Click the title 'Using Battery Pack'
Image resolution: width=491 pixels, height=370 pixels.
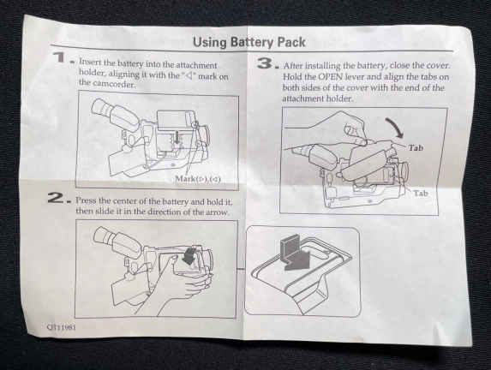point(249,42)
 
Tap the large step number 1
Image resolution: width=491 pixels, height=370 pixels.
point(59,57)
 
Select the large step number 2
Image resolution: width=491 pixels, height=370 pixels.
point(56,198)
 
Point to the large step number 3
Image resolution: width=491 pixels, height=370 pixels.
point(266,63)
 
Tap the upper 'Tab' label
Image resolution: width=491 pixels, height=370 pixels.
point(416,148)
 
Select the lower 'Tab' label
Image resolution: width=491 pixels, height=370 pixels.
point(420,194)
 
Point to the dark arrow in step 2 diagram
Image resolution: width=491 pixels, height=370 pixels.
point(189,255)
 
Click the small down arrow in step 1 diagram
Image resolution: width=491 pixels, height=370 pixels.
point(177,137)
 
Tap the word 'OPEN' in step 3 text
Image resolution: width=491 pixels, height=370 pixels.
point(331,77)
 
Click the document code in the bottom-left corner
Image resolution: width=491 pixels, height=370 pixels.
point(62,327)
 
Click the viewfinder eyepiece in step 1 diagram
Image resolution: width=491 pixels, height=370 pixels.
point(102,107)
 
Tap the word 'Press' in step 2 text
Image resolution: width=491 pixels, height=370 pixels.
point(86,200)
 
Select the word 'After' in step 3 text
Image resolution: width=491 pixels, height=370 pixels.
point(293,66)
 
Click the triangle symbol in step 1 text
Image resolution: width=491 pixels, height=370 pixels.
point(189,75)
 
